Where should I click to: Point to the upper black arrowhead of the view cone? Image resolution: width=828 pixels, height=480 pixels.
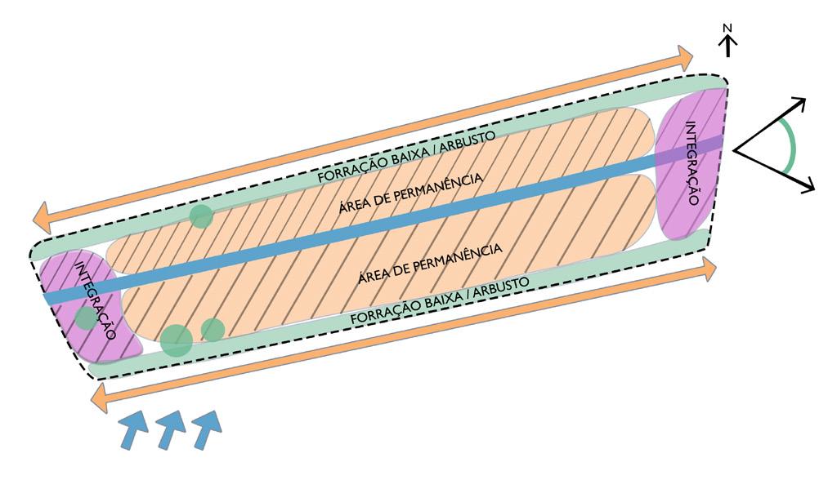click(799, 104)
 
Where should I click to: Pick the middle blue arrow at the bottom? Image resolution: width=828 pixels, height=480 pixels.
click(171, 428)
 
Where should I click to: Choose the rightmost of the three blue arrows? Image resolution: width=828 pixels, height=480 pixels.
click(208, 427)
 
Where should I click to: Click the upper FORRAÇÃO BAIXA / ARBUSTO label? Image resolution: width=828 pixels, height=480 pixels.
click(406, 155)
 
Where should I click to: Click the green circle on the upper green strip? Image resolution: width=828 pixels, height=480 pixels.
click(201, 216)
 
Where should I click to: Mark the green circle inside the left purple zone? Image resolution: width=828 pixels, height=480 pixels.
click(85, 318)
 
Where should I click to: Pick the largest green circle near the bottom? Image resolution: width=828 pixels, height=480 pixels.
click(176, 340)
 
